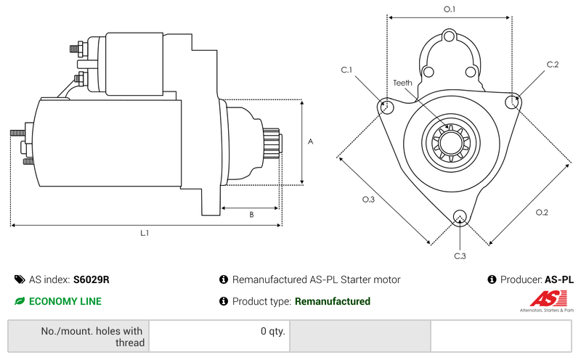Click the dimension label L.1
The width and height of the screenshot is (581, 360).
[145, 234]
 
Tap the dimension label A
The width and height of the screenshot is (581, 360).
[310, 142]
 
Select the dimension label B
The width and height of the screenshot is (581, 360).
[251, 215]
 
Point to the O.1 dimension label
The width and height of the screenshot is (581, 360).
[450, 9]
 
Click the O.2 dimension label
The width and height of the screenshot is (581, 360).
[542, 213]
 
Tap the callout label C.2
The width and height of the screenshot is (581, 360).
[553, 65]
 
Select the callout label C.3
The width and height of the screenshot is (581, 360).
[460, 256]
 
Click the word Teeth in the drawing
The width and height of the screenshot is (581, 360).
[403, 83]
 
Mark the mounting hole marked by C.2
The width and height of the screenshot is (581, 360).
[513, 101]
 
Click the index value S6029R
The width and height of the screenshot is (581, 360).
[92, 279]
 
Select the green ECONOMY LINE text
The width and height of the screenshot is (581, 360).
[65, 301]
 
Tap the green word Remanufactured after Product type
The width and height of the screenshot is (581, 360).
[333, 301]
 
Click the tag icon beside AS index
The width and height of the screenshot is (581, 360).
[19, 279]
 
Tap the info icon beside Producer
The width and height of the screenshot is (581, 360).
[492, 279]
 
